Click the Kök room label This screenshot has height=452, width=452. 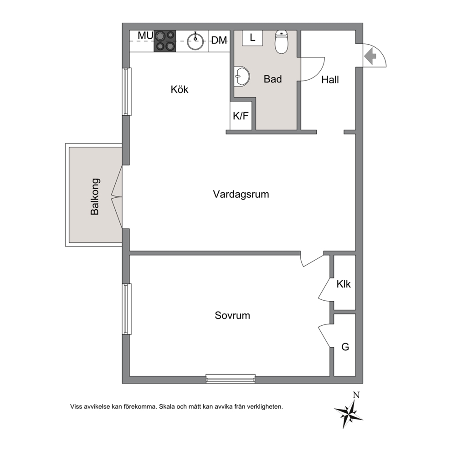tap(180, 89)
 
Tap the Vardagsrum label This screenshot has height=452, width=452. tap(241, 194)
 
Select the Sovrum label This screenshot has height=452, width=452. tap(232, 315)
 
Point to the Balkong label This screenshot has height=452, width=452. tap(95, 196)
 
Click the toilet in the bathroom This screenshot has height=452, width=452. tap(281, 42)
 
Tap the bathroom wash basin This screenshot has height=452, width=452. tap(242, 77)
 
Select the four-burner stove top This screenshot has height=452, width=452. tap(165, 41)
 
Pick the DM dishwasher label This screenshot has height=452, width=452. tap(219, 41)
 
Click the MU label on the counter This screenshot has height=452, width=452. tap(145, 36)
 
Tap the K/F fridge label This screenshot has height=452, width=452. tap(241, 116)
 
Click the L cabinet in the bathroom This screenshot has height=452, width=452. tap(252, 38)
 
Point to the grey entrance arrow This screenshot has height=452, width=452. tap(370, 56)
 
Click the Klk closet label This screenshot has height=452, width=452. tap(343, 284)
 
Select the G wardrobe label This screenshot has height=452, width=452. tap(345, 346)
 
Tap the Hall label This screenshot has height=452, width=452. tap(330, 80)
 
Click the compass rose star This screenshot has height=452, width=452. tap(349, 413)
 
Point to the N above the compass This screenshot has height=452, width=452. tap(356, 395)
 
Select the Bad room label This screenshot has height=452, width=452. tap(272, 79)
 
